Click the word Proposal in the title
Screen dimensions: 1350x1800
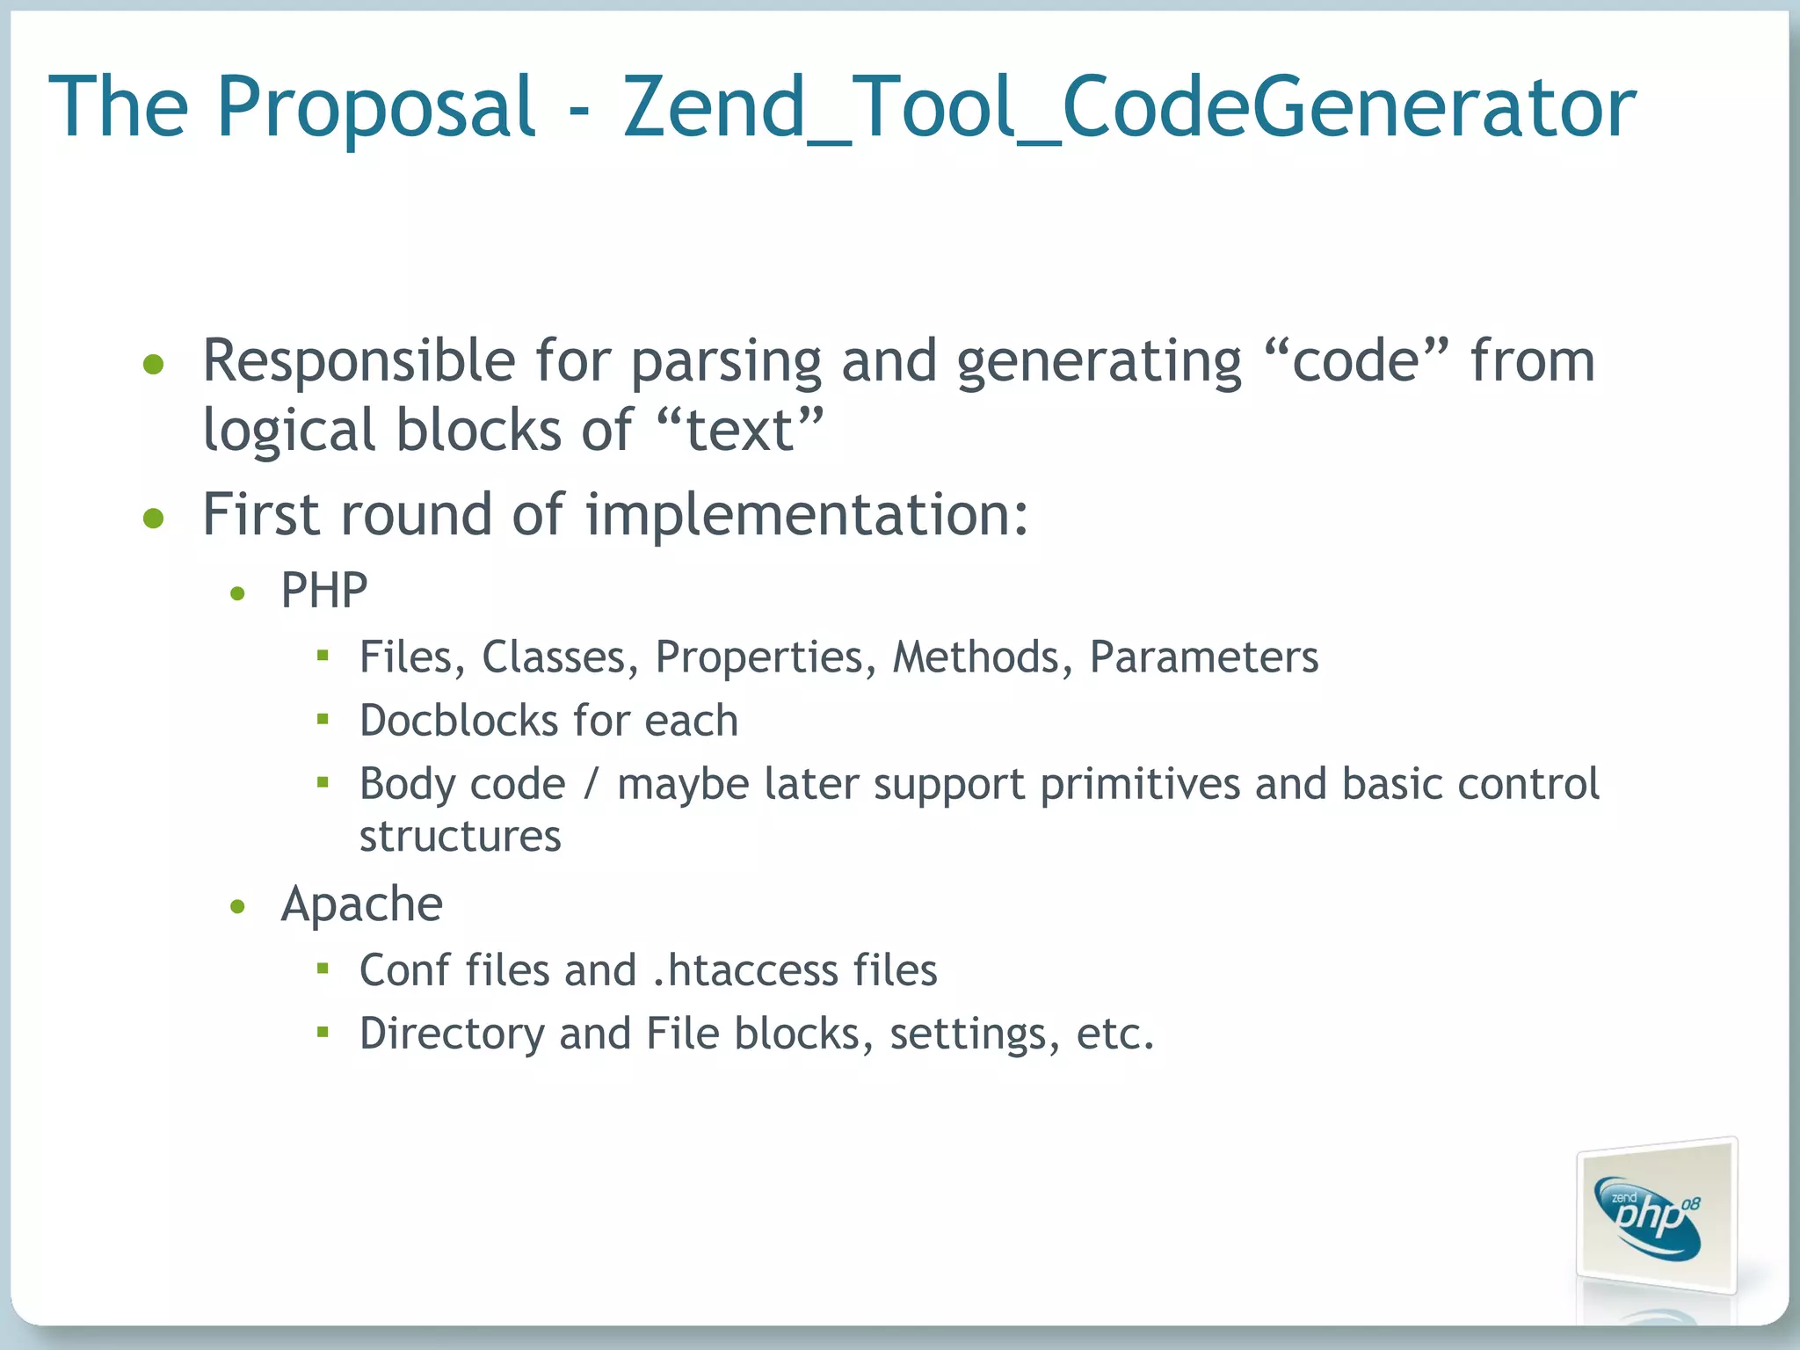coord(376,107)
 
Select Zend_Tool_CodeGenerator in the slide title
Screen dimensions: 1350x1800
coord(1129,107)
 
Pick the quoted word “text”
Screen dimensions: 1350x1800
coord(740,430)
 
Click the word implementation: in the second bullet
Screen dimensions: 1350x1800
coord(807,514)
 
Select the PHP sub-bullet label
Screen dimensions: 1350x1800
coord(323,590)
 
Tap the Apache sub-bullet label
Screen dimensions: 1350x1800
coord(361,904)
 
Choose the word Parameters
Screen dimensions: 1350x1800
coord(1204,657)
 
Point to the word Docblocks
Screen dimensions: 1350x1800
coord(458,721)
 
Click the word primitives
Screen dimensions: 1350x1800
coord(1140,784)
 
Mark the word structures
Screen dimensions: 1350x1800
coord(460,836)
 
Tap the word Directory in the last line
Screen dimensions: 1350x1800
coord(452,1034)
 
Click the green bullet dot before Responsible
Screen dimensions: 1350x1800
coord(154,364)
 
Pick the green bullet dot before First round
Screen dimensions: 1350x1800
coord(154,519)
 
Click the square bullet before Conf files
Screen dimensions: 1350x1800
coord(323,969)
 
